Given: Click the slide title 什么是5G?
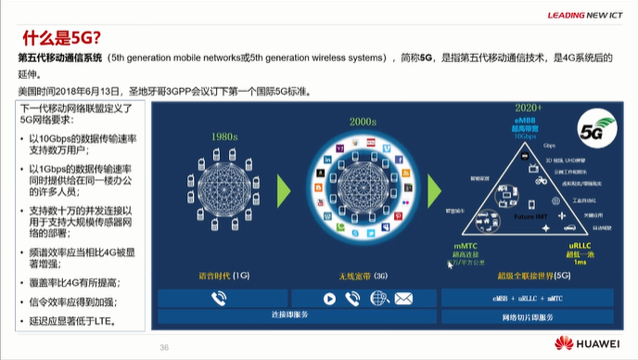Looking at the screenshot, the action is coord(60,37).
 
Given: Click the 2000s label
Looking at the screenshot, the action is coord(362,122).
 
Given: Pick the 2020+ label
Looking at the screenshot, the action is coord(528,109).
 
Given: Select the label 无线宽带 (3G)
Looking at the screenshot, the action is coord(363,275).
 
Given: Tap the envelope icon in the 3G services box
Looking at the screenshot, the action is coord(402,299).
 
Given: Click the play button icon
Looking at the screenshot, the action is coord(328,299).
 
